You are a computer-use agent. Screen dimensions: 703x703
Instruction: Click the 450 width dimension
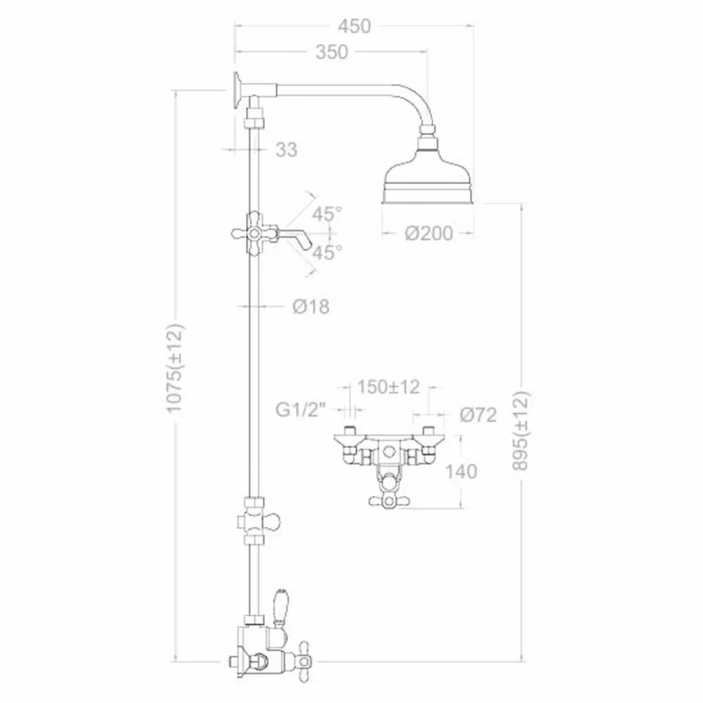click(354, 26)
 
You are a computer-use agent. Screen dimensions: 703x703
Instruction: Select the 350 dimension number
click(332, 53)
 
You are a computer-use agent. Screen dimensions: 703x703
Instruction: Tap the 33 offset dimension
click(286, 149)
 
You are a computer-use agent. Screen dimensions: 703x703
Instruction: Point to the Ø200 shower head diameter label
click(429, 233)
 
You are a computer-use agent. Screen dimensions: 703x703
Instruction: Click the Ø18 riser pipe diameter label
click(311, 307)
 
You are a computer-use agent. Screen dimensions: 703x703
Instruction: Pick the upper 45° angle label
click(328, 214)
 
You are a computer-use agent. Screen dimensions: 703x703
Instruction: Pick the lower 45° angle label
click(328, 252)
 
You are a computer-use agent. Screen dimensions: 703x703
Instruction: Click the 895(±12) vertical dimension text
click(521, 431)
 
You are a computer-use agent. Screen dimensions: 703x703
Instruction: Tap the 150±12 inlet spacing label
click(388, 387)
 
